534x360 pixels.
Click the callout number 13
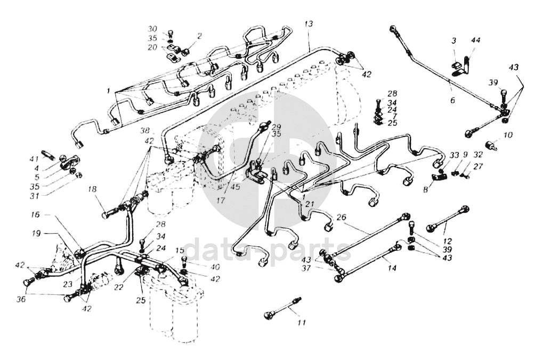click(x=309, y=24)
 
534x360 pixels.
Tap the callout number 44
click(x=475, y=41)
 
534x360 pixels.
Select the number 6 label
click(x=453, y=100)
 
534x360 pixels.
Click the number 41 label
click(x=34, y=158)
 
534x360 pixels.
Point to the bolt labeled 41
click(x=46, y=156)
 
